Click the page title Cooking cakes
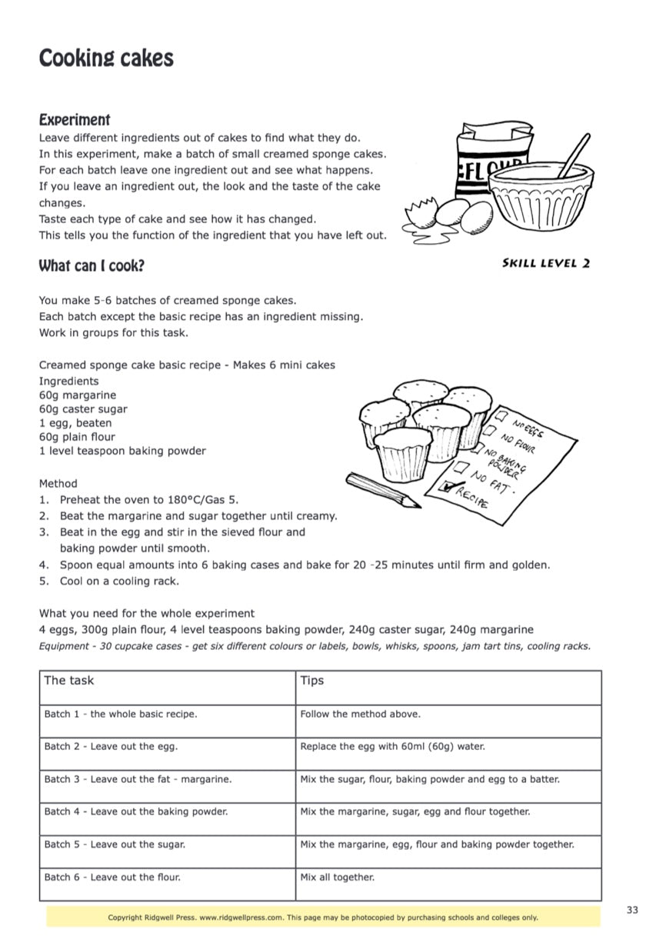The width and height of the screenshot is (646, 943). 106,58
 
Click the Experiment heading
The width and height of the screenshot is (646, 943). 75,120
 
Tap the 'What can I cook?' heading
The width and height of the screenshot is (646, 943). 92,266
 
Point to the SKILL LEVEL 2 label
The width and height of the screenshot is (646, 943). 546,263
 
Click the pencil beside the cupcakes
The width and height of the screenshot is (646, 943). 382,491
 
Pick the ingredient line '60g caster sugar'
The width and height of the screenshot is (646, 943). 83,409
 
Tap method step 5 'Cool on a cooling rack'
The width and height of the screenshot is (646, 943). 119,581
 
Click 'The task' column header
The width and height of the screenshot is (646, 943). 69,681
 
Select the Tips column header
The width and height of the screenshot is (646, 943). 312,681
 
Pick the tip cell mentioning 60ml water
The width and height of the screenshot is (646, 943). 392,746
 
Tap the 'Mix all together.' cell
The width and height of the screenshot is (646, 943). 337,877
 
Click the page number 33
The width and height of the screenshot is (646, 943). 631,910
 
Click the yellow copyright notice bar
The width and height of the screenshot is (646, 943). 323,917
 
